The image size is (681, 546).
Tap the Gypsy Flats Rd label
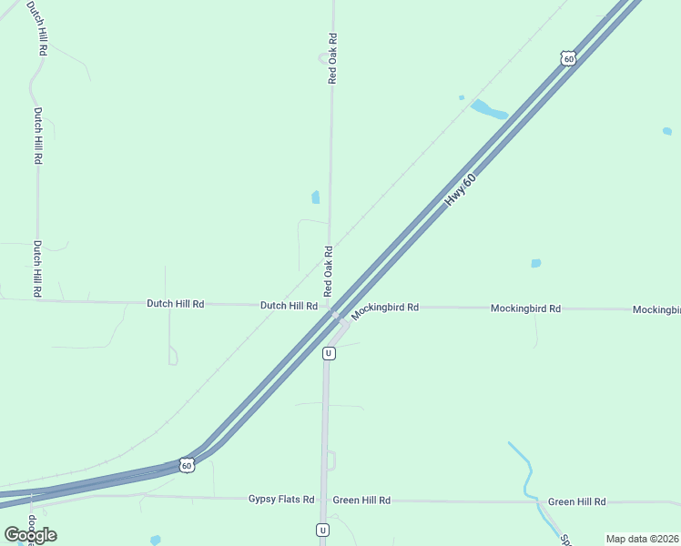coord(281,500)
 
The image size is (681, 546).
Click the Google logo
coord(30,535)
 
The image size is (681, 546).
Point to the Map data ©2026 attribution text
coord(642,539)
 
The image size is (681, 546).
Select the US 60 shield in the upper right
coord(568,58)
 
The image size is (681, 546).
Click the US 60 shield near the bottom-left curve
coord(186,465)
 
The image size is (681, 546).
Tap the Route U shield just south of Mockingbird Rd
coord(329,353)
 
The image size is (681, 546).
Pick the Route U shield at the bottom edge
coord(322,530)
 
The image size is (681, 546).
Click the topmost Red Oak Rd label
coord(332,59)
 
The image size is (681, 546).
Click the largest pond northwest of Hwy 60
coord(488,110)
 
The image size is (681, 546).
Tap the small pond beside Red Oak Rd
coord(316,197)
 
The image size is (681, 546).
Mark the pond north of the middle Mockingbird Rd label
coord(535,264)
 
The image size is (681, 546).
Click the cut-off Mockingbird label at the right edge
coord(656,309)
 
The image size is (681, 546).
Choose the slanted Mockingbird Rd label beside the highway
coord(385,309)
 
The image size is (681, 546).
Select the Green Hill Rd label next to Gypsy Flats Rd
coord(361,500)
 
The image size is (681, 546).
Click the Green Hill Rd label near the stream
coord(576,502)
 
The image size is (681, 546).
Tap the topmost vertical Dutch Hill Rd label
coord(38,29)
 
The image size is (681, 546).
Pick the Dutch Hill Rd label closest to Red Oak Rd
coord(289,306)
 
